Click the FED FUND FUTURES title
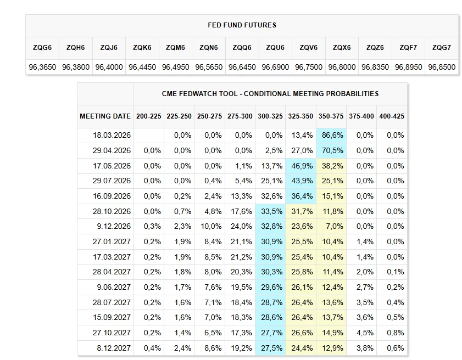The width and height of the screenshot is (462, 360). click(242, 25)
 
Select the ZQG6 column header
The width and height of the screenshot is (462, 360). click(42, 48)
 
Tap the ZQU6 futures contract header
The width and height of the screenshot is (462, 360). click(275, 48)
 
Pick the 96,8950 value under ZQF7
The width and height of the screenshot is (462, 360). click(409, 67)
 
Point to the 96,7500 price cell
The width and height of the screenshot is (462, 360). click(309, 67)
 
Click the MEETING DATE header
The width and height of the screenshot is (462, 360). click(105, 116)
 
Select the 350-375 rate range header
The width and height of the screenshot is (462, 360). click(331, 116)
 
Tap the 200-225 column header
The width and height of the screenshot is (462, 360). click(149, 116)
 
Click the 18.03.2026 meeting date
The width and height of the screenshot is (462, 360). click(112, 135)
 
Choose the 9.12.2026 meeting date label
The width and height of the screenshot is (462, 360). click(115, 226)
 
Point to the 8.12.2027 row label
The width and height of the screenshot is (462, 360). click(115, 348)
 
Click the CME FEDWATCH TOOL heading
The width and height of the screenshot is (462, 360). click(270, 94)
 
